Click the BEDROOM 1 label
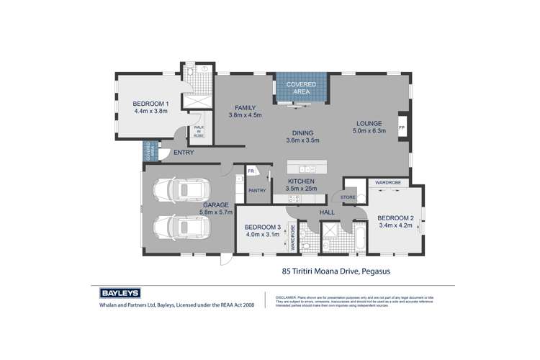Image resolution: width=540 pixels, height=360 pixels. (150, 102)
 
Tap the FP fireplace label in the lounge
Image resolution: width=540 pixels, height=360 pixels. (402, 128)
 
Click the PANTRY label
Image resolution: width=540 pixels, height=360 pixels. (257, 191)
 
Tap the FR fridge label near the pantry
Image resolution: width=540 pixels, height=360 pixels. (251, 171)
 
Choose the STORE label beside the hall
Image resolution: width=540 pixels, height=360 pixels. (348, 196)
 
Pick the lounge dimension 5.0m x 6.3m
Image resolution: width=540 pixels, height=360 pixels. (369, 131)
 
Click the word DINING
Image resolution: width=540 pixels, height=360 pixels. (302, 132)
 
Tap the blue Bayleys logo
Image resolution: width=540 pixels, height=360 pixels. (119, 294)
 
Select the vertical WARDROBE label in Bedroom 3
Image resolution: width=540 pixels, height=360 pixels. (293, 238)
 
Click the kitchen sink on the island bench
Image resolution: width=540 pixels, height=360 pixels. (305, 169)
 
